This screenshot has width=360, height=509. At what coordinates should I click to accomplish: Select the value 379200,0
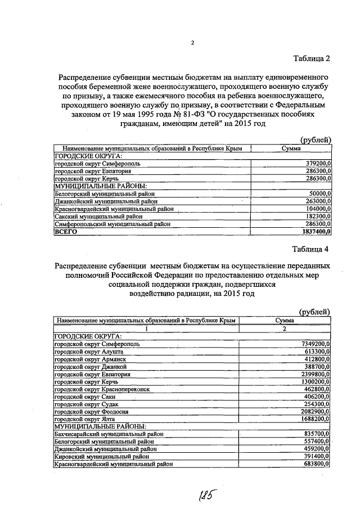coord(314,163)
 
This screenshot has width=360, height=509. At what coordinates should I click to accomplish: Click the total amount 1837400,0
coord(312,231)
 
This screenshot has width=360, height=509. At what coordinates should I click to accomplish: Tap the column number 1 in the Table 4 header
coord(147,328)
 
